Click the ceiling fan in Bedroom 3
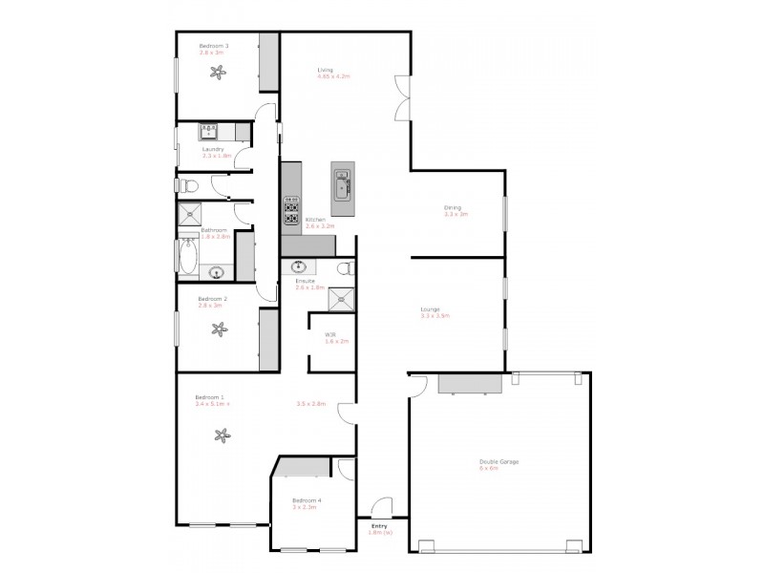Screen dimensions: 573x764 [x=217, y=70]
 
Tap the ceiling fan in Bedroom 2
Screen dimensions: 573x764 [x=219, y=330]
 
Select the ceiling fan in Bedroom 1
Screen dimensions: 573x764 [x=223, y=436]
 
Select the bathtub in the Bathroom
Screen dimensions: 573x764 [x=187, y=256]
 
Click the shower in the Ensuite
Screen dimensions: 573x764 [x=341, y=299]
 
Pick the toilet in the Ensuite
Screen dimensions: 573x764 [x=345, y=269]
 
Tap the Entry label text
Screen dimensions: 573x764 [x=379, y=526]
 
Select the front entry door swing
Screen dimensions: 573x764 [x=382, y=507]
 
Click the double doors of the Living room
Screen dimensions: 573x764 [x=403, y=99]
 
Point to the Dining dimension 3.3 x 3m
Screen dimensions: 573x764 [x=456, y=215]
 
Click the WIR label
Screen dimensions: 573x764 [x=330, y=334]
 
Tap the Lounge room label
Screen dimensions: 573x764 [x=430, y=308]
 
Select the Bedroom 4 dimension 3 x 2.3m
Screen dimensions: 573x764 [x=304, y=507]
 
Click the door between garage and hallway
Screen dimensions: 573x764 [x=416, y=385]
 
